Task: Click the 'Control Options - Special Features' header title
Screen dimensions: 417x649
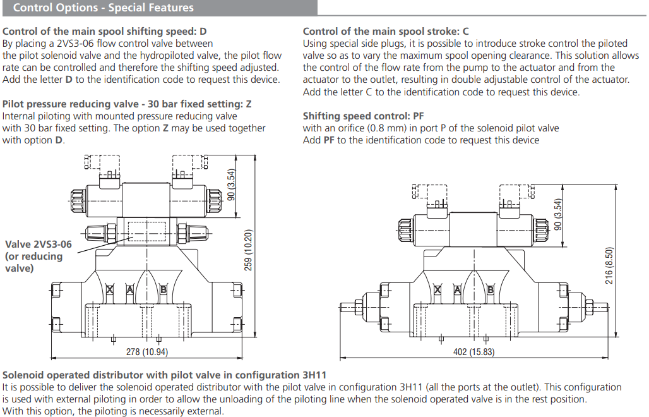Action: (104, 8)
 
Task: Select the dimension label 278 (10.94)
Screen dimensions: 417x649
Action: (146, 352)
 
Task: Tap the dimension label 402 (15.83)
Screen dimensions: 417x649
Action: (473, 352)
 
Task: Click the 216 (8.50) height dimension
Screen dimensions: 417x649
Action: (609, 265)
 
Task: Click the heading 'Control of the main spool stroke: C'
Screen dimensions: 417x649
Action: (386, 31)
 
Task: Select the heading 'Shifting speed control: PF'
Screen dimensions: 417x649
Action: (363, 116)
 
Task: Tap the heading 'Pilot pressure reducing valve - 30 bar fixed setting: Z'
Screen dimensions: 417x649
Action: (127, 104)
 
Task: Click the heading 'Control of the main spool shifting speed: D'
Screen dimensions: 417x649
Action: (105, 31)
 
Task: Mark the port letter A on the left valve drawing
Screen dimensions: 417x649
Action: (130, 289)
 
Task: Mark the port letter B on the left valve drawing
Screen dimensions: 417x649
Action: (163, 289)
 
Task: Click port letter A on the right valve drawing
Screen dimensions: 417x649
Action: (457, 290)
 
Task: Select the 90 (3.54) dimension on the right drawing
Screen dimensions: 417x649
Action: (557, 215)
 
